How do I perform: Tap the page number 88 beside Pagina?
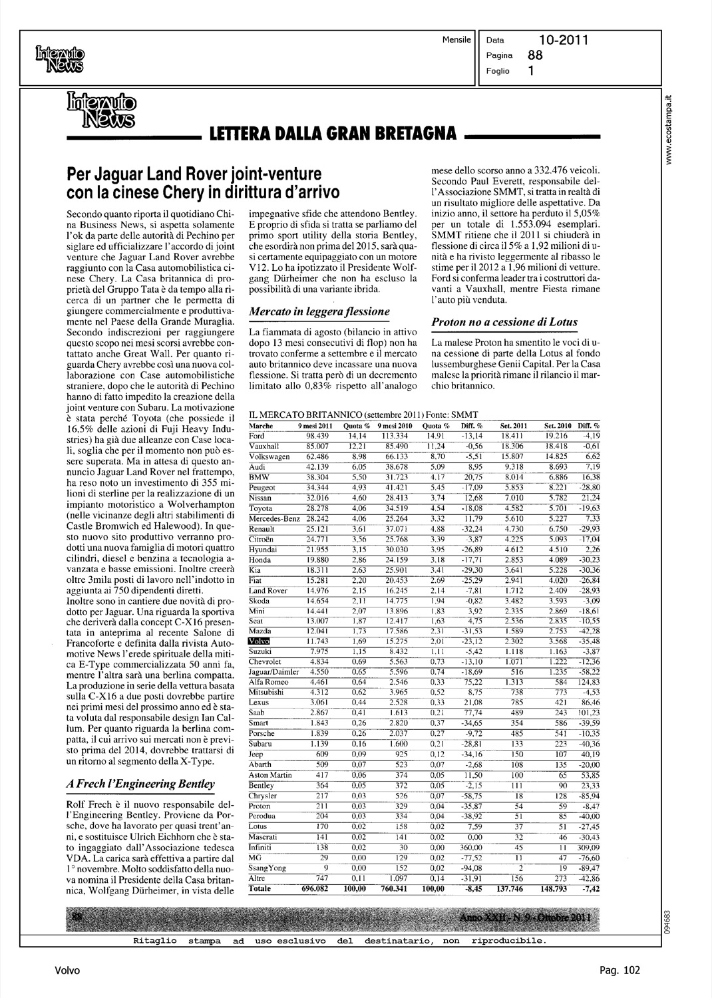pos(535,56)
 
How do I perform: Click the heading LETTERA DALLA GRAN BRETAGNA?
pos(333,133)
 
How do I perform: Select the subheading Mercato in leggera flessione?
pos(318,311)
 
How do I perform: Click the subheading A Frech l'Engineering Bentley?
pos(140,783)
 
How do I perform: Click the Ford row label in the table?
pos(256,435)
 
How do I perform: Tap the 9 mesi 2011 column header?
pos(315,425)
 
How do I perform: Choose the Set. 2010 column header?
pos(558,425)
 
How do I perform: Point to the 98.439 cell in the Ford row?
pos(319,435)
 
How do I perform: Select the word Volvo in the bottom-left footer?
pos(67,970)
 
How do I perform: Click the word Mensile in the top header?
pos(456,40)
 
